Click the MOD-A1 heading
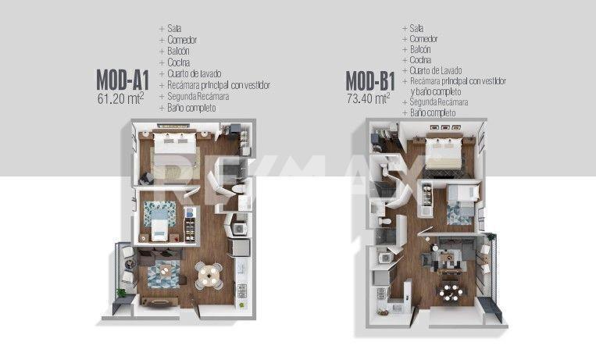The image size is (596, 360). click(x=123, y=80)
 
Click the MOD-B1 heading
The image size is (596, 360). click(x=370, y=80)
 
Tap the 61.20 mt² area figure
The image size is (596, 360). click(x=121, y=98)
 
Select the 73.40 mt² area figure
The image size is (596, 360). click(x=369, y=98)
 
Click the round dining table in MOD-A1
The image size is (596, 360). click(x=209, y=274)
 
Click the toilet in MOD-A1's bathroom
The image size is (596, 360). click(x=239, y=189)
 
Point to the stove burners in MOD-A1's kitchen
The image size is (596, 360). click(x=242, y=290)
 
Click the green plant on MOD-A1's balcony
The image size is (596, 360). click(x=121, y=292)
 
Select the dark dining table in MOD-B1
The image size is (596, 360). click(x=451, y=292)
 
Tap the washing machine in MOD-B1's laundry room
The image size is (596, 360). click(x=385, y=258)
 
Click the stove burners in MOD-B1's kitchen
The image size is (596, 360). click(x=382, y=294)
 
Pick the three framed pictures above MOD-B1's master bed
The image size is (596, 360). click(x=444, y=128)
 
